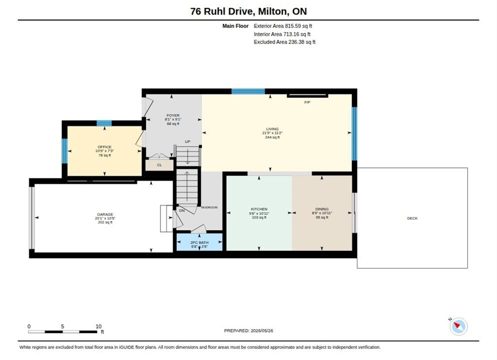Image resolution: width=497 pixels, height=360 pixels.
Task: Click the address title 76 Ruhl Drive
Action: click(x=222, y=11)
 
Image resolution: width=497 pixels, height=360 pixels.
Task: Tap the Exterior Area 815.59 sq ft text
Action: click(x=283, y=26)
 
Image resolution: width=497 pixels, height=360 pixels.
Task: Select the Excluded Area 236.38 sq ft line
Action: click(x=284, y=42)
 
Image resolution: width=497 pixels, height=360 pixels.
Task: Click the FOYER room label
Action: click(x=173, y=115)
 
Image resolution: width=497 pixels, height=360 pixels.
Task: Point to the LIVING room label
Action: click(x=272, y=129)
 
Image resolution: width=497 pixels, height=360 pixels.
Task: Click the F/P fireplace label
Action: click(x=307, y=102)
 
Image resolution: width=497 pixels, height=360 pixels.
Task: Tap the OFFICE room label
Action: click(x=104, y=147)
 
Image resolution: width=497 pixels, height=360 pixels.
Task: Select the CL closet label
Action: click(x=159, y=165)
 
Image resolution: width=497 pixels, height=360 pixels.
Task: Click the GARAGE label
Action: click(x=105, y=214)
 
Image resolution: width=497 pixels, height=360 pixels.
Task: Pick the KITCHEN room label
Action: click(x=259, y=209)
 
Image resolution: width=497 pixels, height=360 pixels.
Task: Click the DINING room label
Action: click(x=321, y=209)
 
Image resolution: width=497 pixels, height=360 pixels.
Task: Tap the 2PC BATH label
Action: click(x=199, y=242)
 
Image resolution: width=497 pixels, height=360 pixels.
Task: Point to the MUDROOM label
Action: click(x=209, y=207)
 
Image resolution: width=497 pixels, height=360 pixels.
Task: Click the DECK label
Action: click(x=412, y=218)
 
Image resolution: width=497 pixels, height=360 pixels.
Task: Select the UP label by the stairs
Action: click(x=187, y=141)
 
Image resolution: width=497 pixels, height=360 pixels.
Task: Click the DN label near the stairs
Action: click(x=182, y=210)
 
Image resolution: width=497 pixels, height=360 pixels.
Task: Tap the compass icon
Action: click(x=458, y=326)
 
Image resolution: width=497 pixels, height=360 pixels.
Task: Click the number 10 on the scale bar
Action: click(x=98, y=326)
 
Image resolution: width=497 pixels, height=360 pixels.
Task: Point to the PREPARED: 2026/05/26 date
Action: click(x=248, y=330)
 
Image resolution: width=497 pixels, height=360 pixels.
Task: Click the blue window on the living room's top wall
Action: click(x=248, y=91)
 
